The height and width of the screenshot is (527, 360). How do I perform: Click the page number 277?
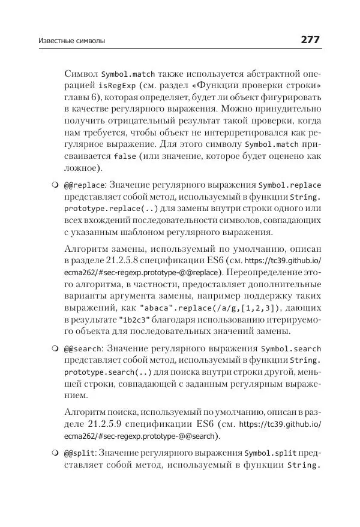pyautogui.click(x=310, y=40)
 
